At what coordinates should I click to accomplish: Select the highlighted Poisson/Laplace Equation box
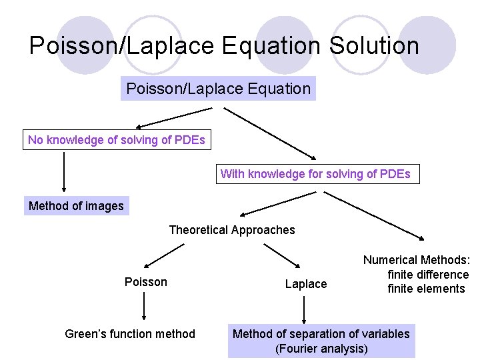[218, 88]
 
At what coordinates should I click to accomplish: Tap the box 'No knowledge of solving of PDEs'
[117, 140]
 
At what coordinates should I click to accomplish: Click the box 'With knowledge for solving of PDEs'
[315, 174]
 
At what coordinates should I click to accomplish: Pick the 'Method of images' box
[76, 206]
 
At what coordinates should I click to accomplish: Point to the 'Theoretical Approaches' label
[231, 230]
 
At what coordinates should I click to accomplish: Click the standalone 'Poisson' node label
[145, 282]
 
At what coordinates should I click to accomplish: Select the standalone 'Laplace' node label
[306, 284]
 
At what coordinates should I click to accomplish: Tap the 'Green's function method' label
[130, 333]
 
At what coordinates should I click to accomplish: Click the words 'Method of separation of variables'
[321, 333]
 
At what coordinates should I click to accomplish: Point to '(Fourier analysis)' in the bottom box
[321, 349]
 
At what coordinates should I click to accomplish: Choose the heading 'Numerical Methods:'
[416, 261]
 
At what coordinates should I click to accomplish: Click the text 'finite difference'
[428, 275]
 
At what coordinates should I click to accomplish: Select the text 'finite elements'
[426, 289]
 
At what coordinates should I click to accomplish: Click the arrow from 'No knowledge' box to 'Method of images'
[64, 171]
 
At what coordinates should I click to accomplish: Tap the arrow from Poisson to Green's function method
[144, 308]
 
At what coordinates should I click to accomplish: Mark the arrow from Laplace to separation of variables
[305, 309]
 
